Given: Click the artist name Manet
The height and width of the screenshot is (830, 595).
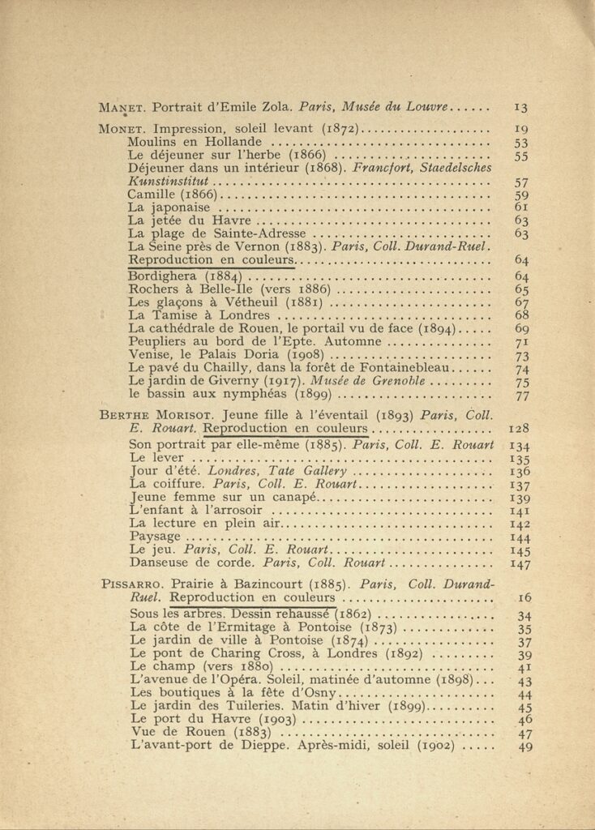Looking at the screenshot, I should point(122,106).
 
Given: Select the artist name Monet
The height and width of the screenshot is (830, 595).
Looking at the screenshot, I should point(122,128).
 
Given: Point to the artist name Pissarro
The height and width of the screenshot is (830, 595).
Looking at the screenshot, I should point(132,584).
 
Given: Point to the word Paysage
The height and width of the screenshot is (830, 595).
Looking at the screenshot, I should point(154,536).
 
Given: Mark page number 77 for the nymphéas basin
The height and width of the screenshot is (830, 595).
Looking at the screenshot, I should point(521,396).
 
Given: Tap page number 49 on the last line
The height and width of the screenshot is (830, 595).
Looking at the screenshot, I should point(524,746).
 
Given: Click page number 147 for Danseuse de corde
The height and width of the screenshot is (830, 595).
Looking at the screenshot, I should point(520,563).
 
